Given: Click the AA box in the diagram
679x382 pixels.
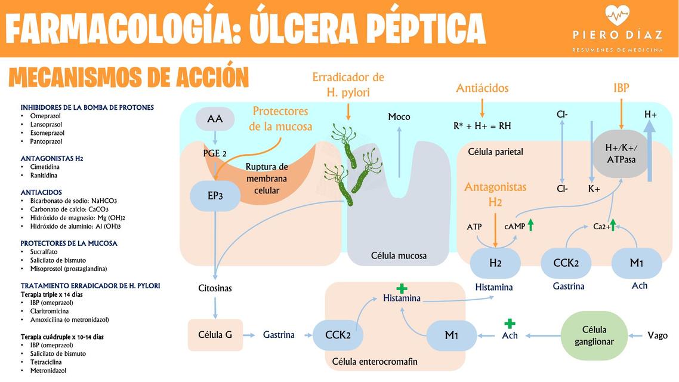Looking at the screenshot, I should pos(215,119).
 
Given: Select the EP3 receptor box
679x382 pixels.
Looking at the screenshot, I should pos(215,196).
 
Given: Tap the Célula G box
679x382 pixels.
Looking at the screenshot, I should pos(215,335).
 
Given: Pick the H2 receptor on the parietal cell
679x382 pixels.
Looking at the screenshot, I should pos(495,263).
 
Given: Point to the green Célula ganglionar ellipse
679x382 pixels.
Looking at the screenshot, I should pos(594,335).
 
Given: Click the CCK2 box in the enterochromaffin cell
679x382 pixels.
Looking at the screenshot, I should pos(337,335).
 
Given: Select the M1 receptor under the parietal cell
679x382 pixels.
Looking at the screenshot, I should pos(636,263).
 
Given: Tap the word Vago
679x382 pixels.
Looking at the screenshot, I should pos(658,335).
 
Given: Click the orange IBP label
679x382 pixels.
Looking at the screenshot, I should pos(621,88).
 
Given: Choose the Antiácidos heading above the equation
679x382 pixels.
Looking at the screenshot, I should pos(482,88).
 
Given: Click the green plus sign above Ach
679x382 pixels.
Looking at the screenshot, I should pos(510,324).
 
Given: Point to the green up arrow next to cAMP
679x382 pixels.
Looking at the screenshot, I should pos(530,225).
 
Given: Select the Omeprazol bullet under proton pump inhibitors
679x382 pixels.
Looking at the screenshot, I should pos(46,116).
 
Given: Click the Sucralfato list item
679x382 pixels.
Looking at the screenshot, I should pos(44,252).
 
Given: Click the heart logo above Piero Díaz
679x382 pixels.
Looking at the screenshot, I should pos(618,14).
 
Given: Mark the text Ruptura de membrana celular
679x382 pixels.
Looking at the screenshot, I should pos(266,178).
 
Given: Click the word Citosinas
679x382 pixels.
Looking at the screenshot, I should pos(215,288).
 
